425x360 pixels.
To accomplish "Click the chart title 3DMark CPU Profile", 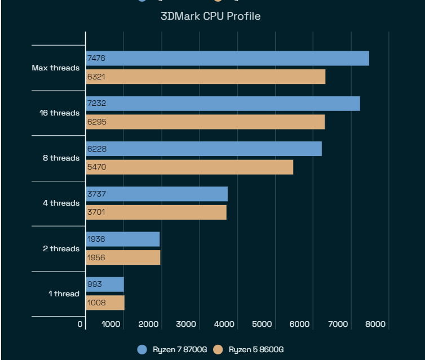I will point(210,16).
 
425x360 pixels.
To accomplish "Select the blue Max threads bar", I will point(227,59).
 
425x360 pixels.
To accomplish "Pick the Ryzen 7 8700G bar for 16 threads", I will point(223,104).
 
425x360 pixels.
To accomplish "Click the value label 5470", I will point(96,167).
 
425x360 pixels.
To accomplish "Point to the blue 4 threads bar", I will point(157,194).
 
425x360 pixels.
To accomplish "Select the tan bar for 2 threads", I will point(123,257).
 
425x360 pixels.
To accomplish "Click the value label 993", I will point(94,285).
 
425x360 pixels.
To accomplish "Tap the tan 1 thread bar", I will point(105,303).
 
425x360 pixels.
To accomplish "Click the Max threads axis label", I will point(55,68).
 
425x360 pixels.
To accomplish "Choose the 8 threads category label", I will point(61,158).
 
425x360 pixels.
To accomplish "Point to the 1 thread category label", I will point(64,294).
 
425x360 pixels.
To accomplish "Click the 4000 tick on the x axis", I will point(224,324).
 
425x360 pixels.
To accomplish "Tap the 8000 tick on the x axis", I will point(375,324).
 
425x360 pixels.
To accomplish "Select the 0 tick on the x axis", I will point(80,324).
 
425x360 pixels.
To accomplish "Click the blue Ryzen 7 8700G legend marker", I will point(143,350).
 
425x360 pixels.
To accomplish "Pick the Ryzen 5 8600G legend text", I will point(256,350).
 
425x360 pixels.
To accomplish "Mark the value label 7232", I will point(96,104).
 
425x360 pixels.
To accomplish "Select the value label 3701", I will point(96,212).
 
